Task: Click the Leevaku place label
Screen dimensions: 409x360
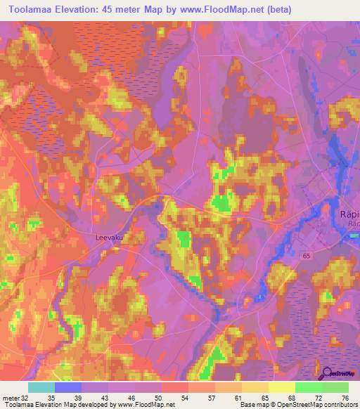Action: [109, 238]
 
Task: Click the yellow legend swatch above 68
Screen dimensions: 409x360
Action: [281, 387]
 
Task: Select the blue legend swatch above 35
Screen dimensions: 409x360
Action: [67, 387]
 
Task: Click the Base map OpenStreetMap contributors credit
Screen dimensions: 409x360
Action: [298, 405]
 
